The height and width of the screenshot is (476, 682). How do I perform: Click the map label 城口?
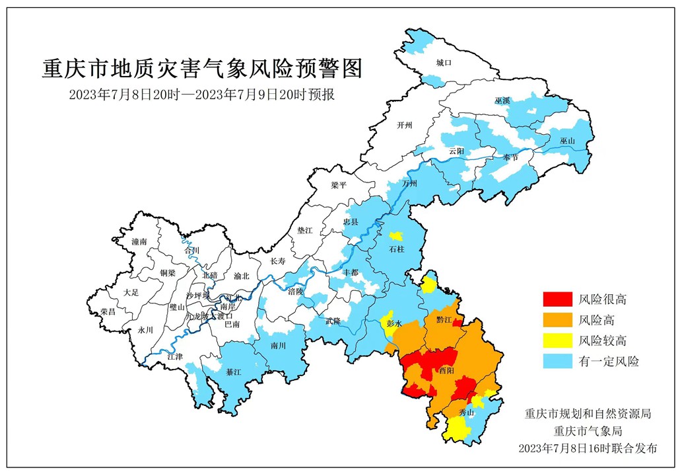[443, 63]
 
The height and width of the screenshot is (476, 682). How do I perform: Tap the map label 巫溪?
[502, 100]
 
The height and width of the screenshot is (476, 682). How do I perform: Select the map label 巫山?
[567, 141]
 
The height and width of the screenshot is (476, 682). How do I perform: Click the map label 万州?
[410, 183]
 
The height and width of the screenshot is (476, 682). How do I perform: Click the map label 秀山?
[467, 413]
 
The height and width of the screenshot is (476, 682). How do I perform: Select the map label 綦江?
[234, 372]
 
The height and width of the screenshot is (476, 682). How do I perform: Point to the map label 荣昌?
[108, 311]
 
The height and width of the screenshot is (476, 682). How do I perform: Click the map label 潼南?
[139, 243]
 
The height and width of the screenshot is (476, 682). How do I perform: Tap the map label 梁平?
[339, 186]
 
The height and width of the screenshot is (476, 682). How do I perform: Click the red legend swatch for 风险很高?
[557, 299]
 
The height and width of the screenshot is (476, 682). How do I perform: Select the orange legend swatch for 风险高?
[557, 320]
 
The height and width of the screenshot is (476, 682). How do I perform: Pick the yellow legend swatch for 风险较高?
[557, 340]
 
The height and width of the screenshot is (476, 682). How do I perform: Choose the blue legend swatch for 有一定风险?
[557, 361]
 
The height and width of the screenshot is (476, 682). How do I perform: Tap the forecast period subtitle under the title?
[203, 94]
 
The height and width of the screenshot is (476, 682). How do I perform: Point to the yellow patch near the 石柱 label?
[396, 236]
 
